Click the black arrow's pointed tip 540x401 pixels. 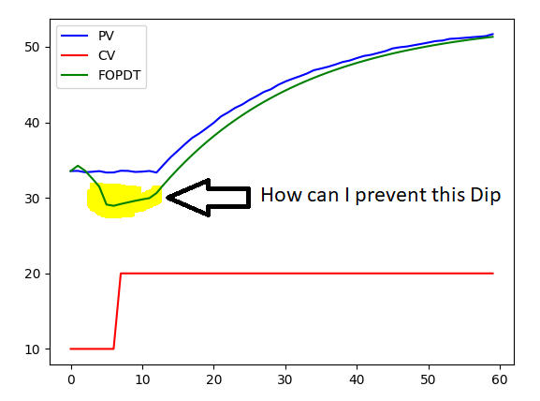(168, 198)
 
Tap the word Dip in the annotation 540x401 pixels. (487, 196)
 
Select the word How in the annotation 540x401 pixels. (279, 196)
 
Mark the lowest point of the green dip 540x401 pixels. (113, 205)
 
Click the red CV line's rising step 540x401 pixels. (117, 311)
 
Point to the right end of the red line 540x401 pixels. (492, 274)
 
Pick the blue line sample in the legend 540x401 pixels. (76, 36)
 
